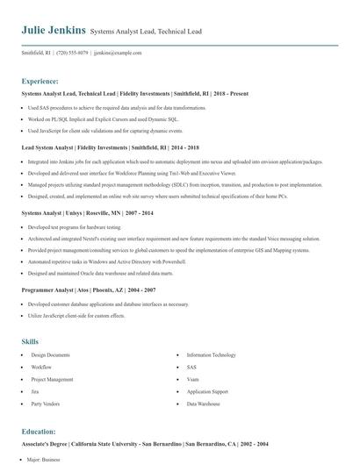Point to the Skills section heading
(30, 340)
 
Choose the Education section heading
(40, 433)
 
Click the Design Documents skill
(50, 354)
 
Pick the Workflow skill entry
(41, 367)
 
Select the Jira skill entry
(35, 391)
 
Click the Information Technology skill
(211, 354)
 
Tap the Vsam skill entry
(193, 379)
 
